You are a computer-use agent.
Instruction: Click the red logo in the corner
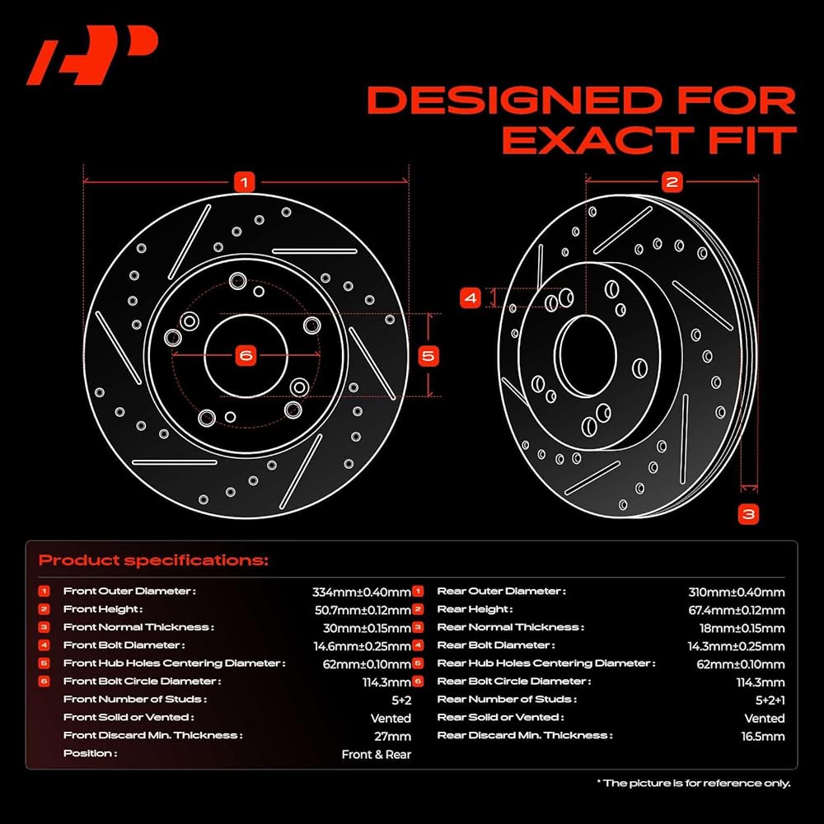pos(92,54)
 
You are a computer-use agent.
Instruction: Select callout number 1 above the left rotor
pos(245,182)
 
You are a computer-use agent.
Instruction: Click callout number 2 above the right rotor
pos(672,182)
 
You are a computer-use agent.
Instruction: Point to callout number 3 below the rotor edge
pos(749,513)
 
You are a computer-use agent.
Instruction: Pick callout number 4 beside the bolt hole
pos(471,298)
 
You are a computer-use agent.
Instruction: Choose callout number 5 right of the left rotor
pos(428,356)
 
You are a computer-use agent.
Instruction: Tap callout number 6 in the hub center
pos(246,356)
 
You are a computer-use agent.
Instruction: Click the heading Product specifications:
pos(153,560)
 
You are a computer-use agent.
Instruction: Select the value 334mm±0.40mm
pos(362,592)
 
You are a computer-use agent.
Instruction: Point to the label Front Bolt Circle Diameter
pos(142,681)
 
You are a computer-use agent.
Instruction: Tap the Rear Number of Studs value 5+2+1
pos(770,700)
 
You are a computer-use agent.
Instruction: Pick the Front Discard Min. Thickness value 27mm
pos(392,736)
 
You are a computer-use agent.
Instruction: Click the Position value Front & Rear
pos(377,754)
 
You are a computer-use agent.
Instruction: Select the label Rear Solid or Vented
pos(500,718)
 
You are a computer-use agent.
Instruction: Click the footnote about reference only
pos(693,783)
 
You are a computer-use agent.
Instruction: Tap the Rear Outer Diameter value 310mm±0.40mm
pos(736,592)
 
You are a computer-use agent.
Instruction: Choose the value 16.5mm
pos(763,736)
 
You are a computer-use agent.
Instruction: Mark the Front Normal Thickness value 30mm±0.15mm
pos(367,628)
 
